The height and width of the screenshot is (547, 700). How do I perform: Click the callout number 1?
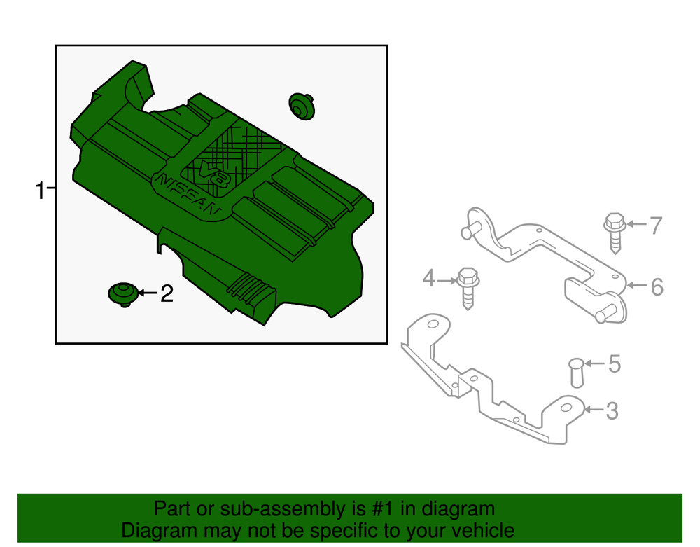point(40,191)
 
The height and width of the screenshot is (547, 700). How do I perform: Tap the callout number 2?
point(167,294)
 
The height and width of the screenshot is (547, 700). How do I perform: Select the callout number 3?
point(612,411)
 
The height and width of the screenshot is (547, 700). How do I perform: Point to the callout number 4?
point(429,278)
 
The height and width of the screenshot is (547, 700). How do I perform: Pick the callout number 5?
point(615,364)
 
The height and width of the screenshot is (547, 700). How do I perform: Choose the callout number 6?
point(657,286)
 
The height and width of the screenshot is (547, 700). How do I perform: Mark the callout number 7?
point(657,226)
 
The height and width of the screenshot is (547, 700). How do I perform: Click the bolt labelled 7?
point(615,233)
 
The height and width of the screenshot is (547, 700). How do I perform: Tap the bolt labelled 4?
point(468,289)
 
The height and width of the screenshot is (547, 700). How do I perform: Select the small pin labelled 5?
point(577,373)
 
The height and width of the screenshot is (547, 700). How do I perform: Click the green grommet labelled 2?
point(123,294)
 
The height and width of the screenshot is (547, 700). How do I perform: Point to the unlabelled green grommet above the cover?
point(302,106)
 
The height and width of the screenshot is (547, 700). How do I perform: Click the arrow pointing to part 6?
point(637,285)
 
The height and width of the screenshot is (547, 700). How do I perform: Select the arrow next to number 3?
point(594,409)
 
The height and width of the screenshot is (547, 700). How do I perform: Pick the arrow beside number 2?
point(148,293)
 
